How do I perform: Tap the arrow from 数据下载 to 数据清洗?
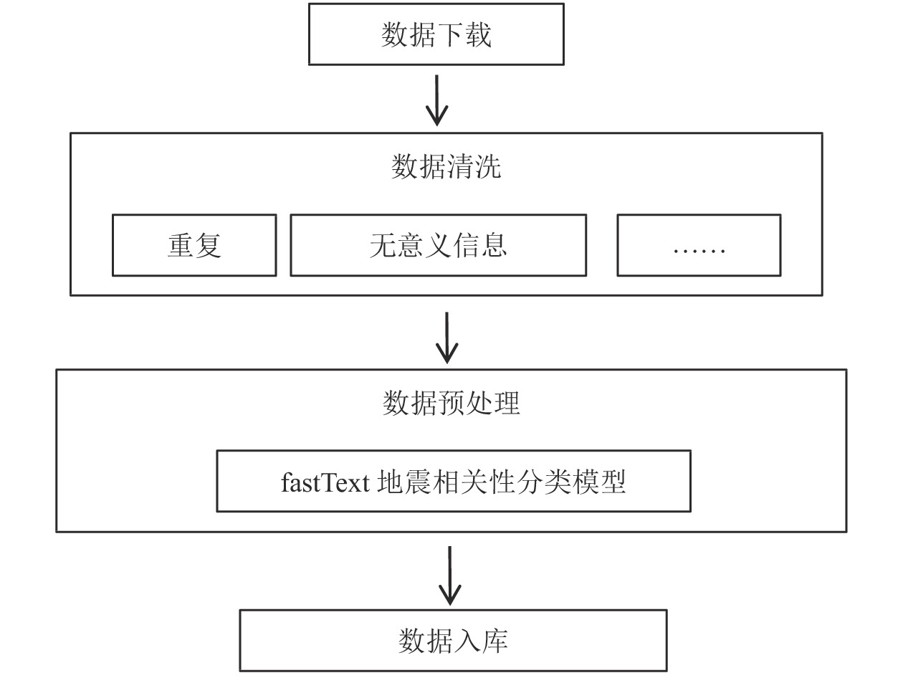436,100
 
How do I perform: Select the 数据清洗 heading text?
446,166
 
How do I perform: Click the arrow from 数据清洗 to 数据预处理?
446,338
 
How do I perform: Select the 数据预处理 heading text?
451,403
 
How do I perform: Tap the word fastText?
325,482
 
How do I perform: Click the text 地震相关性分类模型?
502,482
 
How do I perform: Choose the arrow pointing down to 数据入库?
449,576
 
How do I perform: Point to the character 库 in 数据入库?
495,641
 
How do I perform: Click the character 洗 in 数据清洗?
488,166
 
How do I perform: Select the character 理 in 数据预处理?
507,403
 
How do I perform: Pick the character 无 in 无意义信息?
383,245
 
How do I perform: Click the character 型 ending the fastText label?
613,482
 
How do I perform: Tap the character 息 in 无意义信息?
493,245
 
